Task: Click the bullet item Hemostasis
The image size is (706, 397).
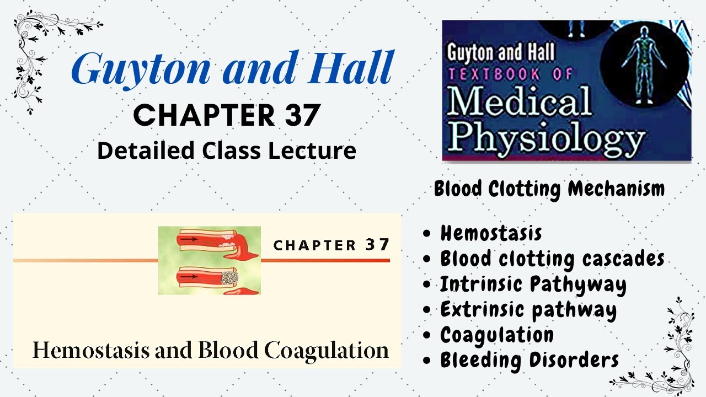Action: coord(491,233)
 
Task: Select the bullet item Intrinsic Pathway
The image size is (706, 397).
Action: coord(533,285)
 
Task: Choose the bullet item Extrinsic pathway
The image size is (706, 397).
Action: coord(528,310)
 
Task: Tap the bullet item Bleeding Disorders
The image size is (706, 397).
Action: coord(529,360)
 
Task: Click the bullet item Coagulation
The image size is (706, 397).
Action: coord(496,335)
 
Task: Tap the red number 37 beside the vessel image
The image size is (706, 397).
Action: coord(377,244)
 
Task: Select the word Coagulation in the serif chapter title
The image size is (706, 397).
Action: coord(326,350)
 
